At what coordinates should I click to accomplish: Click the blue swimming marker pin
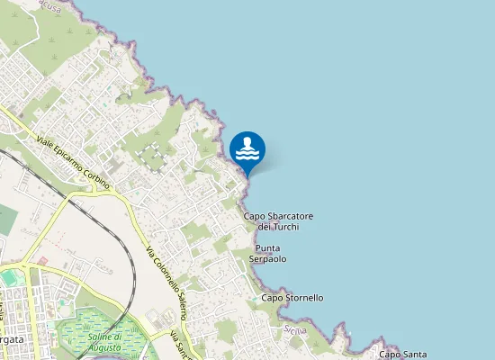pyautogui.click(x=247, y=149)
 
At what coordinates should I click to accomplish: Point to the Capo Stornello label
pyautogui.click(x=292, y=298)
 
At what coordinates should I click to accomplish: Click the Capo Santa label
pyautogui.click(x=401, y=355)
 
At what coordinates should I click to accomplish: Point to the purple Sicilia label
pyautogui.click(x=295, y=330)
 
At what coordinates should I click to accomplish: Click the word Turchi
pyautogui.click(x=285, y=227)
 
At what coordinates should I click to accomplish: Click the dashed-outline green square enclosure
pyautogui.click(x=152, y=156)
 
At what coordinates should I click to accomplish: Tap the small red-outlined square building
pyautogui.click(x=41, y=260)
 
